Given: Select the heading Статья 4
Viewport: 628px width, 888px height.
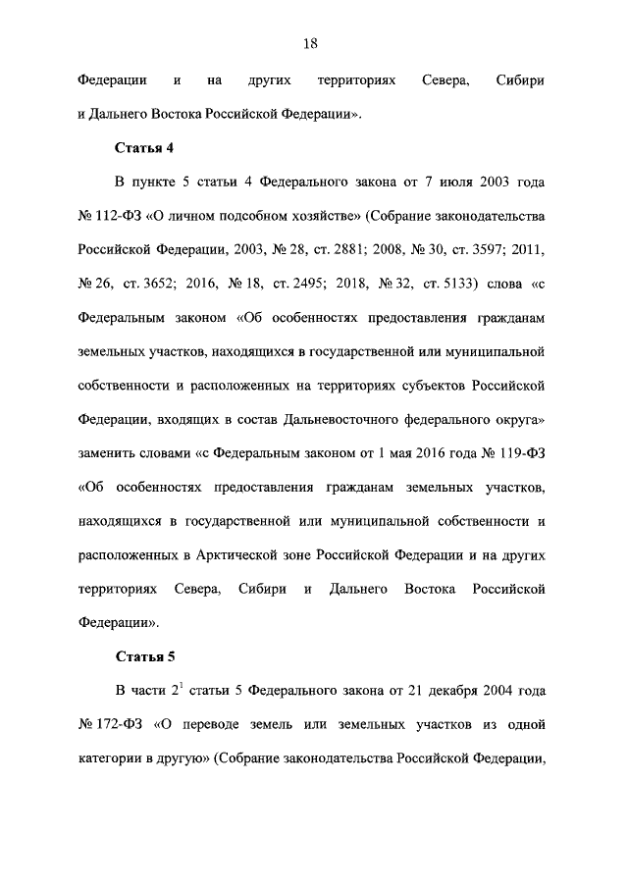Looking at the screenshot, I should [144, 148].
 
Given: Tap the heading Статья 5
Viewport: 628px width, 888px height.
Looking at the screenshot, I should [144, 654].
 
